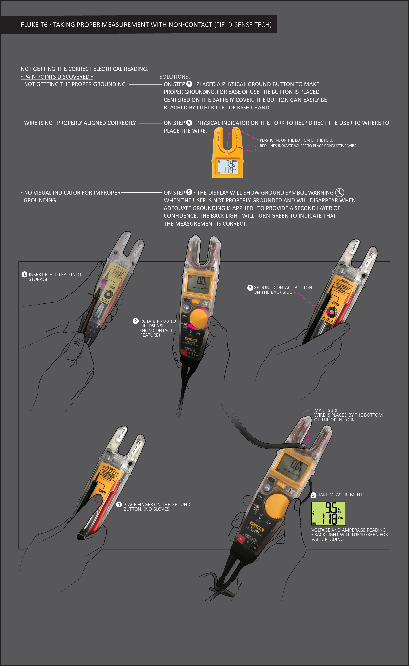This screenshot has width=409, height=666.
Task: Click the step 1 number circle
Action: (x=24, y=274)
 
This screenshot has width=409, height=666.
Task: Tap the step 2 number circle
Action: (x=135, y=321)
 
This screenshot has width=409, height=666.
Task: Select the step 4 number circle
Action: (x=119, y=505)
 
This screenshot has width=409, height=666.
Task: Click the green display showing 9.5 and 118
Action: (x=328, y=513)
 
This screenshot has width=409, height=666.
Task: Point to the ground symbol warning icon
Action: (x=339, y=193)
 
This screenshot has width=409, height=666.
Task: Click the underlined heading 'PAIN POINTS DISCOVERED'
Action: (x=57, y=77)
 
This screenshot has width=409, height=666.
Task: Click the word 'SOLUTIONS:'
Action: (x=175, y=77)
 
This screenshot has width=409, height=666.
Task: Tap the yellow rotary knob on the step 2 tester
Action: (x=199, y=318)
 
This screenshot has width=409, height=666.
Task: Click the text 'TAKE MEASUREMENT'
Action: (x=340, y=495)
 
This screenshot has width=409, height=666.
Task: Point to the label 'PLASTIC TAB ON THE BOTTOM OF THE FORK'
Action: (x=296, y=140)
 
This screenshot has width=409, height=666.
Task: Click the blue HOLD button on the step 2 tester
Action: (x=186, y=308)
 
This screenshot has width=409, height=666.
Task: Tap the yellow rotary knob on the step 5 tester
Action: (x=277, y=506)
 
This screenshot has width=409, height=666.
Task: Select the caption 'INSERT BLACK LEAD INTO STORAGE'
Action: (x=55, y=277)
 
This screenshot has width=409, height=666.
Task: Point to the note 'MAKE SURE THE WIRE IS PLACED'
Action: (x=348, y=415)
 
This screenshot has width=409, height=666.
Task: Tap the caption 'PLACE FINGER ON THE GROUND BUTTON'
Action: (x=157, y=506)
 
